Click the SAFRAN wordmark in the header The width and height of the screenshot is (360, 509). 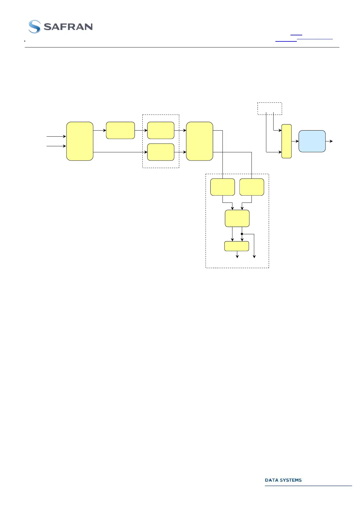[x=68, y=27]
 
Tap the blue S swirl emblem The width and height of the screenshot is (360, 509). [x=34, y=27]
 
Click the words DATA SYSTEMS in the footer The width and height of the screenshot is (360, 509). [x=283, y=480]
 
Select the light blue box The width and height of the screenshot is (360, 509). [x=312, y=141]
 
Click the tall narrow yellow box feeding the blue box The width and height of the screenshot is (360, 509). [x=287, y=141]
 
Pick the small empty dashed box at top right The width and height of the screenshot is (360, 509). [x=270, y=108]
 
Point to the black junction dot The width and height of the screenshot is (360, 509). [x=242, y=234]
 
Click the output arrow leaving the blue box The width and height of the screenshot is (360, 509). [x=329, y=141]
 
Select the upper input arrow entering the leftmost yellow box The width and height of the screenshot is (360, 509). [x=56, y=136]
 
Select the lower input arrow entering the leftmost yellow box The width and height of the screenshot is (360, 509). [x=56, y=146]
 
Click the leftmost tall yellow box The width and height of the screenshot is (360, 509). [x=80, y=141]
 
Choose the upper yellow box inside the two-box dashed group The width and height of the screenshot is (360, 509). [x=161, y=130]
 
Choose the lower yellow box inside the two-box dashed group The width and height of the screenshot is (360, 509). [x=161, y=152]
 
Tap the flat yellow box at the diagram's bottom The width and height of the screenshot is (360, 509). [x=237, y=246]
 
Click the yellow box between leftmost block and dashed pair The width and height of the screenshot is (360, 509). [x=120, y=130]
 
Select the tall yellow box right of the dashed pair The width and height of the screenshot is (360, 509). [x=199, y=141]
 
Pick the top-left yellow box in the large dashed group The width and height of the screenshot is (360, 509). [x=222, y=187]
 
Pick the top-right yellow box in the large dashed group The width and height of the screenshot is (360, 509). [x=251, y=187]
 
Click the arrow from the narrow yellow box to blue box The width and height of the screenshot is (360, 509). [x=295, y=141]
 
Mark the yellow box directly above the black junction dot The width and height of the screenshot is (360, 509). [x=237, y=218]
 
